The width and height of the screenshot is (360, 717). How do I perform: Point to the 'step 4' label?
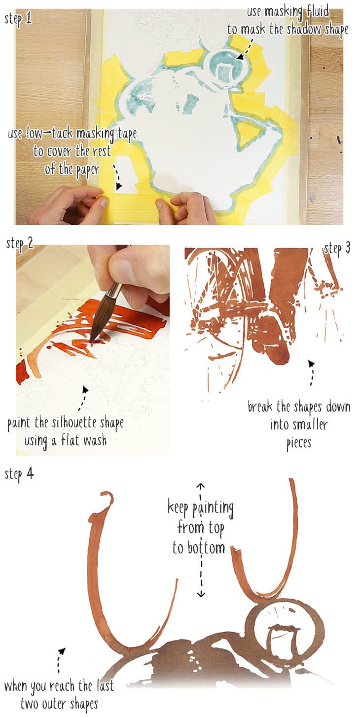coord(19,474)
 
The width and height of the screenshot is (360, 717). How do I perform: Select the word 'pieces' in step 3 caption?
coord(299,443)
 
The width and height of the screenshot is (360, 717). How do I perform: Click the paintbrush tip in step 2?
coord(93,339)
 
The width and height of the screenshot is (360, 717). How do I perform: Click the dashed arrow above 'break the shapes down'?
coord(311,373)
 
